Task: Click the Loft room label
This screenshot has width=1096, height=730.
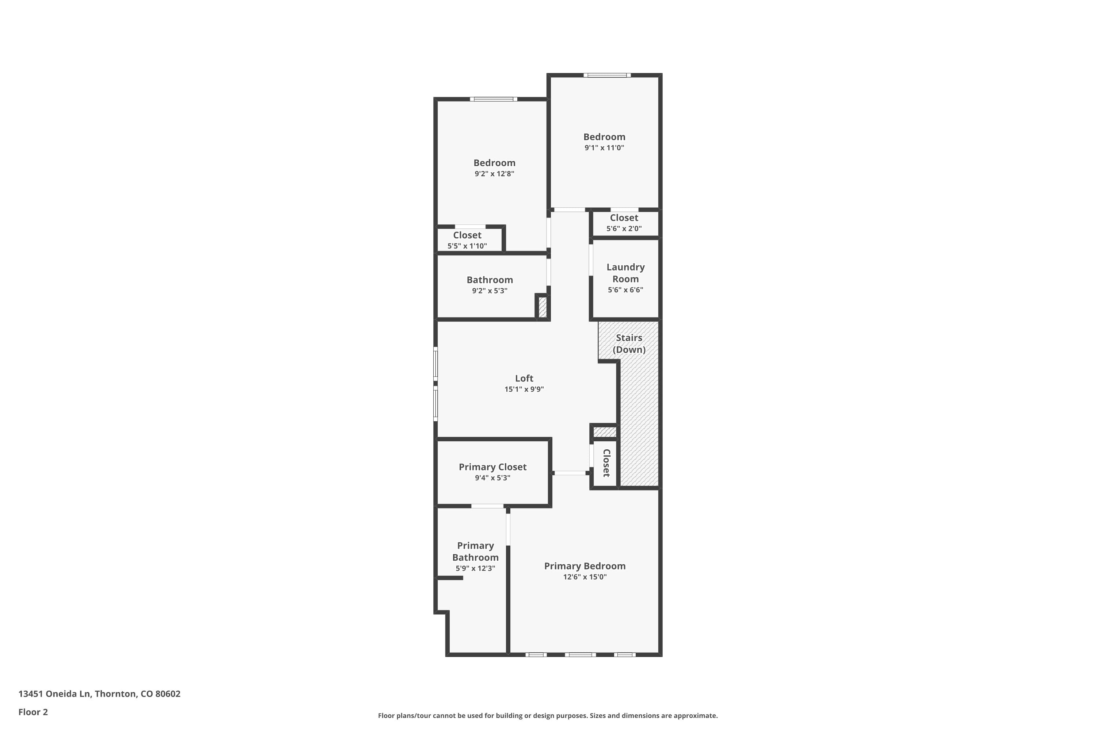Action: tap(524, 379)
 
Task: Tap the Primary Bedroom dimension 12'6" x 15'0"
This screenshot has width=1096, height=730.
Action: tap(584, 577)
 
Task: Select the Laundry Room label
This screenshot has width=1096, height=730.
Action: tap(625, 273)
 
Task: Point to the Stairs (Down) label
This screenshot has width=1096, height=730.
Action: tap(629, 343)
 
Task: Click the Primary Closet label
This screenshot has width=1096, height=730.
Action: tap(492, 467)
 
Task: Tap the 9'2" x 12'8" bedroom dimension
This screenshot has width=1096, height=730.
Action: tap(494, 174)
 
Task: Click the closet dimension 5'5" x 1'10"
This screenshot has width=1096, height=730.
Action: tap(467, 246)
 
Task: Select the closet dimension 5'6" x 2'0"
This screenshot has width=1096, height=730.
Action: tap(624, 228)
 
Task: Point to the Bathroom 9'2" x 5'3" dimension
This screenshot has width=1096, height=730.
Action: tap(489, 291)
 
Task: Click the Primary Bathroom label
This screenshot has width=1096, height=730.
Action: tap(475, 551)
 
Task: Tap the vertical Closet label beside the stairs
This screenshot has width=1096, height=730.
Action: tap(606, 463)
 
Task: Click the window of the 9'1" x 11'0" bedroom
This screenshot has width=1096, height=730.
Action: tap(607, 75)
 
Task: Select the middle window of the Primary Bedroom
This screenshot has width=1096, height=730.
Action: tap(580, 654)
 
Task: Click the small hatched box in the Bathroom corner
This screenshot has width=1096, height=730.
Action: tap(543, 307)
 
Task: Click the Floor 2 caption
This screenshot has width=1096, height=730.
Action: tap(33, 712)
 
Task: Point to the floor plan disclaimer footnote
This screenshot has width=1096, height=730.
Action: tap(548, 715)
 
